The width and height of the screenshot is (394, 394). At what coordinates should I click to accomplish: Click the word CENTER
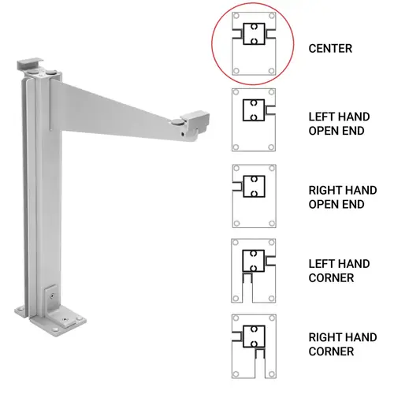tap(330, 49)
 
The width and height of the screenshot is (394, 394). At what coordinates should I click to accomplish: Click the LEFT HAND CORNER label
tap(336, 269)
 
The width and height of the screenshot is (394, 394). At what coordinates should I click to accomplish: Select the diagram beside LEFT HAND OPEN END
tap(255, 120)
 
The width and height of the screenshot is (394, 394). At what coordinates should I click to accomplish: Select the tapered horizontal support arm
tap(118, 106)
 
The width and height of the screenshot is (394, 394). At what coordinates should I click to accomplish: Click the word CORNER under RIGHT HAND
tap(333, 351)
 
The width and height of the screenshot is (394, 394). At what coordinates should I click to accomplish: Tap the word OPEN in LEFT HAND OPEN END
tap(325, 130)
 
